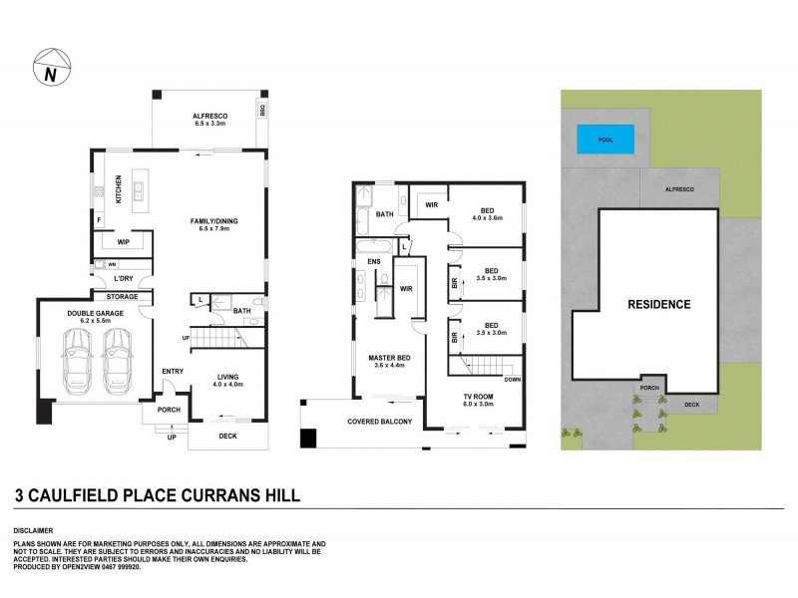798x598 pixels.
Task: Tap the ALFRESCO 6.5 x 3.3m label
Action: (210, 121)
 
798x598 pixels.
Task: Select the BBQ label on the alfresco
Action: (264, 109)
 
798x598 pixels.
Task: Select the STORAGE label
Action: (123, 296)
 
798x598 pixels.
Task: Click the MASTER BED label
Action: (385, 361)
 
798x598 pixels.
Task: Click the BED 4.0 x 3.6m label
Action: (488, 214)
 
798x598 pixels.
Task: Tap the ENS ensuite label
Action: (374, 262)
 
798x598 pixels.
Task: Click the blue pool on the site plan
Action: (606, 140)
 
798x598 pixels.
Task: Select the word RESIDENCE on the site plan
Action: (657, 305)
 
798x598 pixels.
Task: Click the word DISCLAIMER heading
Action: (33, 530)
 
